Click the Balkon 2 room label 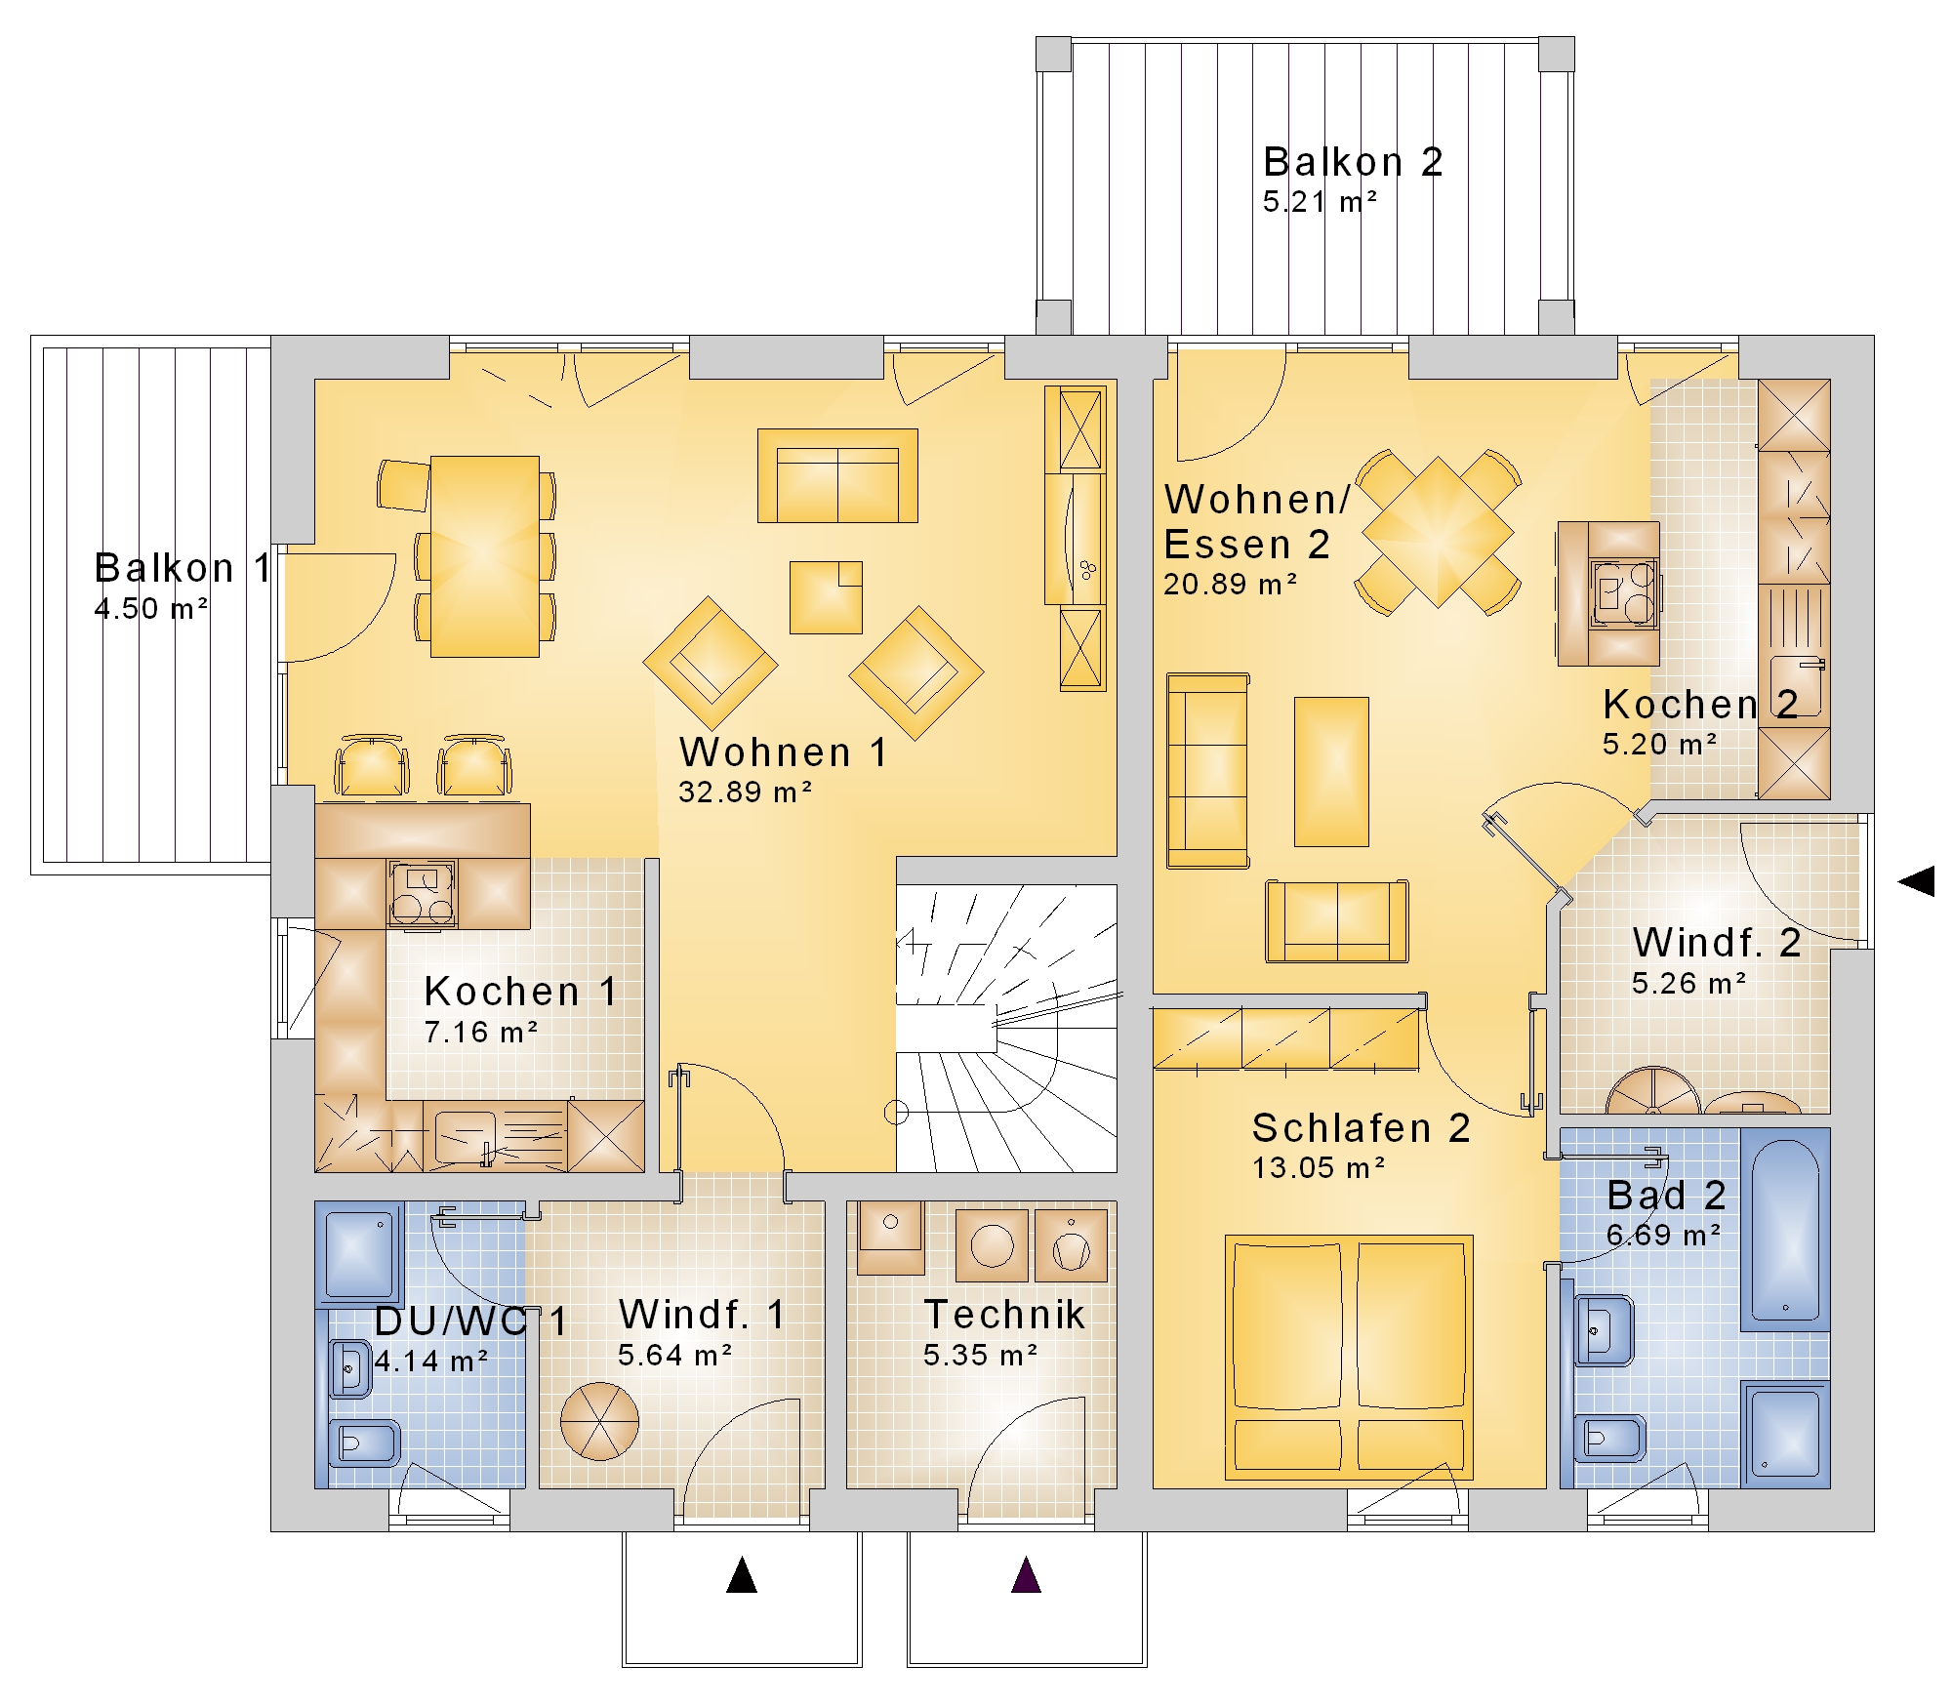click(1353, 162)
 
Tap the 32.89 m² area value click(746, 792)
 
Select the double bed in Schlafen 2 click(1349, 1358)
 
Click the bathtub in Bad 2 click(1785, 1229)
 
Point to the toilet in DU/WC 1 click(364, 1443)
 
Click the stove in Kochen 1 click(422, 892)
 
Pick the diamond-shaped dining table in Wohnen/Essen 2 click(1438, 532)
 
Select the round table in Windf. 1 click(599, 1421)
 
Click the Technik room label click(1004, 1315)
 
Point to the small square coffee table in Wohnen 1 click(826, 597)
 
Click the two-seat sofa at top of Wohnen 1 click(837, 475)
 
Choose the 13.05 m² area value click(1319, 1167)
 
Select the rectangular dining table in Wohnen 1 click(485, 556)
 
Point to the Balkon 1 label click(183, 568)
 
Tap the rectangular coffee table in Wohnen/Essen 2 click(1331, 771)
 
